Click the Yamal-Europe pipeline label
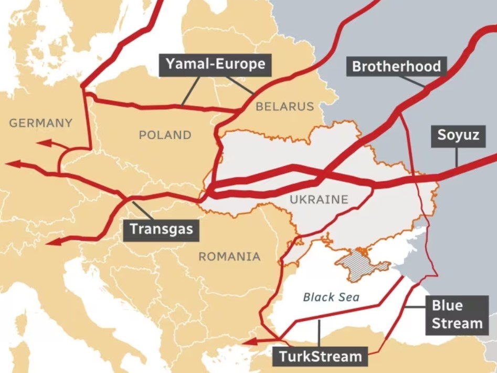click(215, 65)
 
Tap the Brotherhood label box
click(396, 67)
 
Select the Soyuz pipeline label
click(458, 135)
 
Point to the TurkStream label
click(320, 356)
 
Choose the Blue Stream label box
click(457, 314)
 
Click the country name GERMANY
click(41, 123)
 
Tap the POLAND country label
click(165, 135)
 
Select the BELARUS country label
click(284, 107)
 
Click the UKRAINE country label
click(319, 199)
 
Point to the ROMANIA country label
click(229, 256)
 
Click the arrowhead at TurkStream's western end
click(247, 343)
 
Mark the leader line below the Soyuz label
click(457, 156)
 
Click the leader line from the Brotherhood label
click(412, 81)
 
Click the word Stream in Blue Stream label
click(457, 323)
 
